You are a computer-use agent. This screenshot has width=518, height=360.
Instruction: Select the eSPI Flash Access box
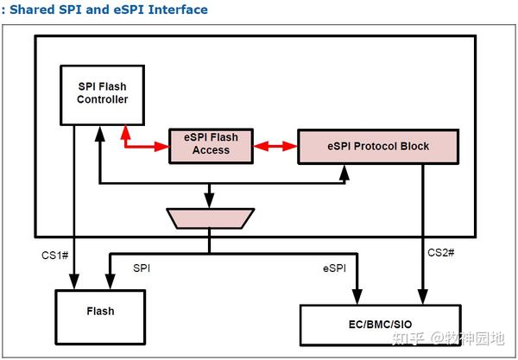point(211,143)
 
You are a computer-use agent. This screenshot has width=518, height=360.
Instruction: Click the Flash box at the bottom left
point(97,311)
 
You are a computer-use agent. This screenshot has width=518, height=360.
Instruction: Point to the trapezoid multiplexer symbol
point(210,218)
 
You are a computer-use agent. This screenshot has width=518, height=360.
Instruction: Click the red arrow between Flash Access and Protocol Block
point(276,147)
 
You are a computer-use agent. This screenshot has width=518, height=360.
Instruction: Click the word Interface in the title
point(178,10)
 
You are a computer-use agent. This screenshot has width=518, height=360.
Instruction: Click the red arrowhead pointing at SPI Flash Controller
point(126,130)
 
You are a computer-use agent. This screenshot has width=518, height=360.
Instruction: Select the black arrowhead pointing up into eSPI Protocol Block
point(344,171)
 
